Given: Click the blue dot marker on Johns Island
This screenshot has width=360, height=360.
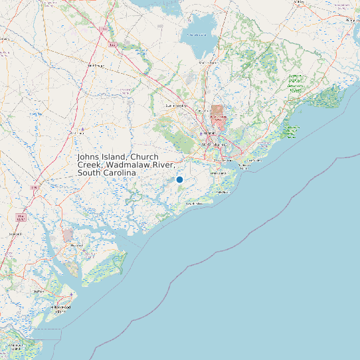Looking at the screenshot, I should point(179,179).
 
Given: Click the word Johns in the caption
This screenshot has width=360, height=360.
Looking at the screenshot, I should point(90,157).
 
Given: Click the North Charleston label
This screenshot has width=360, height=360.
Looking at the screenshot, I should point(215,143).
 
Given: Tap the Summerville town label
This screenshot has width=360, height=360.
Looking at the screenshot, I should point(177,105).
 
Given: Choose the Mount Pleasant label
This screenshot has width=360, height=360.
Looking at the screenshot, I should point(253,160).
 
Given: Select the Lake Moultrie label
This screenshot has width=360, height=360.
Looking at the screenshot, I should point(198,35).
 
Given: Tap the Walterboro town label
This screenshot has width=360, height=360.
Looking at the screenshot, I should point(78,132).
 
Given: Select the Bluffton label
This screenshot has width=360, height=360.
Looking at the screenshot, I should point(38,291).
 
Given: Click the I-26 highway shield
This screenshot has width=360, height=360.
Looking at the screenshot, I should point(113,45).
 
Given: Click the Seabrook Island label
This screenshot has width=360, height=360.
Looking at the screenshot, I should point(195,203).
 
